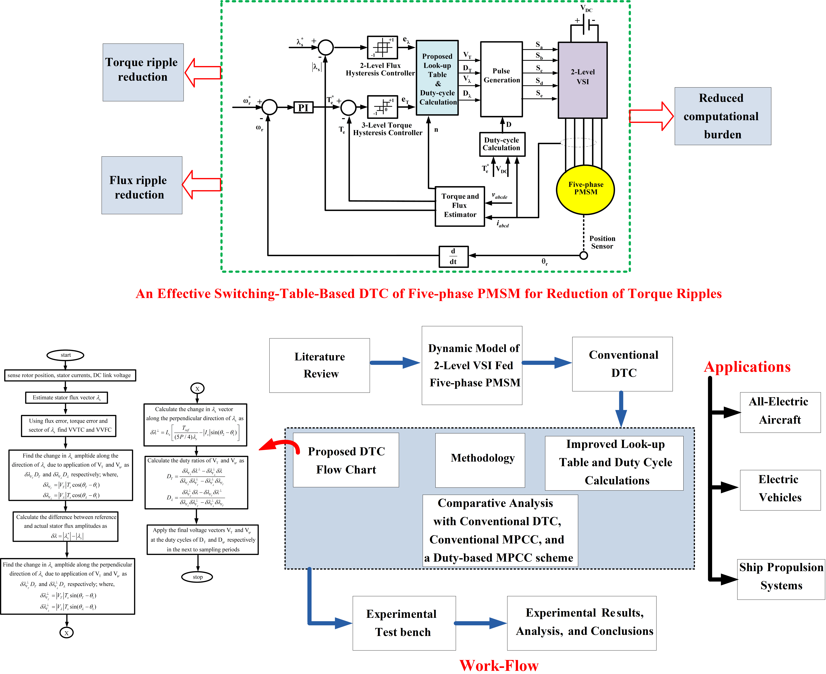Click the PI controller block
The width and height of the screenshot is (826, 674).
[303, 107]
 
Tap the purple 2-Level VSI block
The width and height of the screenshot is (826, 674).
[583, 80]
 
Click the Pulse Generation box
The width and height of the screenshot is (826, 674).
[501, 79]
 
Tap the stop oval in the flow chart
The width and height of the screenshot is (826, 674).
[197, 577]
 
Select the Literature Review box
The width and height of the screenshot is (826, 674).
[320, 365]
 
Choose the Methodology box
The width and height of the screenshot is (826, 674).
[480, 460]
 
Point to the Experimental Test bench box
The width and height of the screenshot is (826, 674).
[404, 623]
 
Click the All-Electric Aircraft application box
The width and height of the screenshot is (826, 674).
[780, 412]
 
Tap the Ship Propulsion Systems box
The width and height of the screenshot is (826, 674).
[781, 579]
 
